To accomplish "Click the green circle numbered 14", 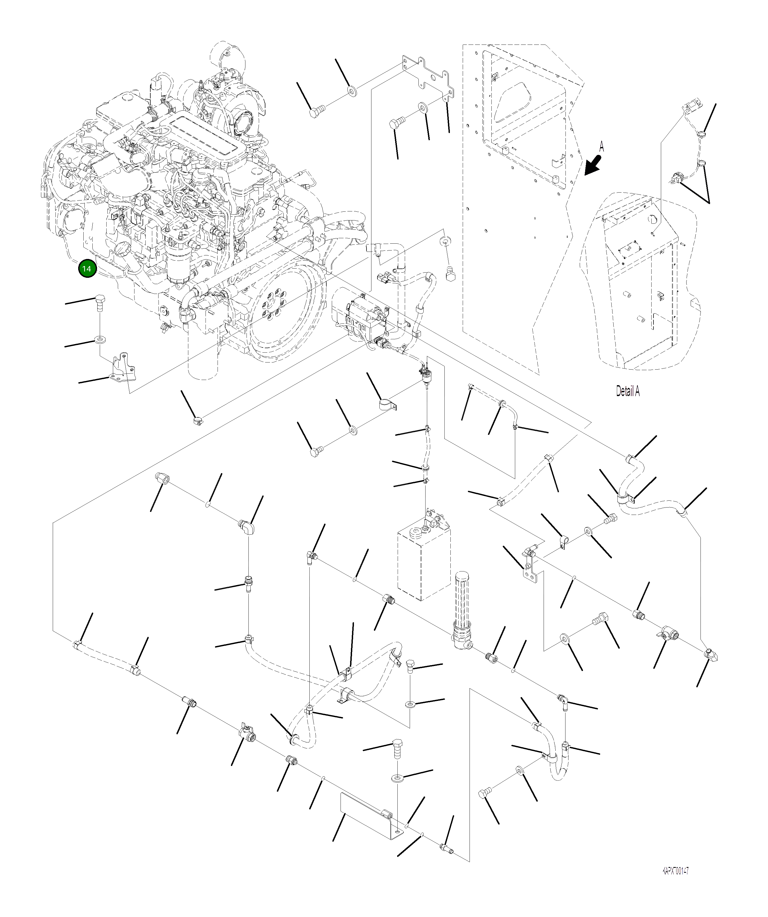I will click(87, 269).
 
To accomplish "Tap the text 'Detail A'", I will click(628, 391).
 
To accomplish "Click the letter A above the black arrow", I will click(602, 146).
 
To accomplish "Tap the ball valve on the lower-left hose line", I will click(247, 737).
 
